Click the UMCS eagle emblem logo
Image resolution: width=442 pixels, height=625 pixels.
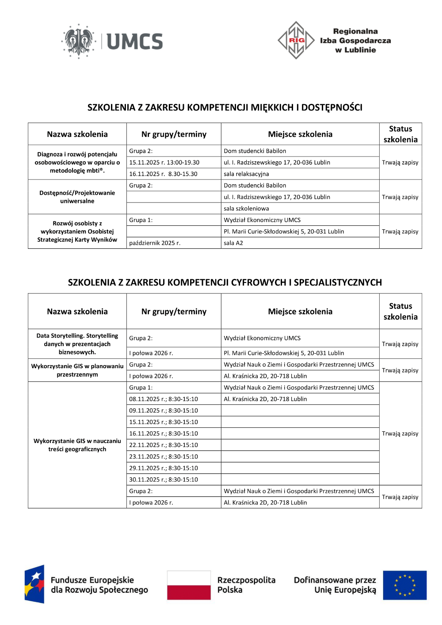coord(79,41)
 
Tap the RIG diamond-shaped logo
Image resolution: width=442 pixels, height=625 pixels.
coord(296,40)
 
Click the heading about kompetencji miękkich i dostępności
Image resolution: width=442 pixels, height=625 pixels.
coord(225,107)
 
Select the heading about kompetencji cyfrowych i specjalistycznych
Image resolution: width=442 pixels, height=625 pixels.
coord(225,282)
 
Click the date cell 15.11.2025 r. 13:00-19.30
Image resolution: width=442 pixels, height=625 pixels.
coord(164,163)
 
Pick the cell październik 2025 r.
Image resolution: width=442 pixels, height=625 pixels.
coord(155,243)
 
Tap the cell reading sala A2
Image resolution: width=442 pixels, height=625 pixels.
coord(233,243)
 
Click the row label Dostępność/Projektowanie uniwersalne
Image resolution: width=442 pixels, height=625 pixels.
coord(77,197)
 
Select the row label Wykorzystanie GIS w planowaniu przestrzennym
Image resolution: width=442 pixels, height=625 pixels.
coord(77,370)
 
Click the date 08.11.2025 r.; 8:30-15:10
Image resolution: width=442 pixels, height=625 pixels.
coord(164,399)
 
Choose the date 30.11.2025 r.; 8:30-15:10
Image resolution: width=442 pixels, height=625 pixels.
coord(164,480)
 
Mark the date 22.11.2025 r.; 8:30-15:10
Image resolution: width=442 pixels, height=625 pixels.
coord(164,445)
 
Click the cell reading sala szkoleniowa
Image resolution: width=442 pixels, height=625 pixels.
coord(246,209)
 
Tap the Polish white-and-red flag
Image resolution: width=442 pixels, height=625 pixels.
coord(189,585)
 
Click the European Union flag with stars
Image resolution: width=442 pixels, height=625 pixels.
coord(404,585)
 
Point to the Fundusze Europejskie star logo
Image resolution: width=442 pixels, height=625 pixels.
coord(34,584)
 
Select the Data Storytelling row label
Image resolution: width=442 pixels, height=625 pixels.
coord(77,344)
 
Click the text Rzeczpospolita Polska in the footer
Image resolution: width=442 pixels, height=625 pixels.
coord(246,585)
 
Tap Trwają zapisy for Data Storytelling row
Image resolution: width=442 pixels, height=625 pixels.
coord(400,344)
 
